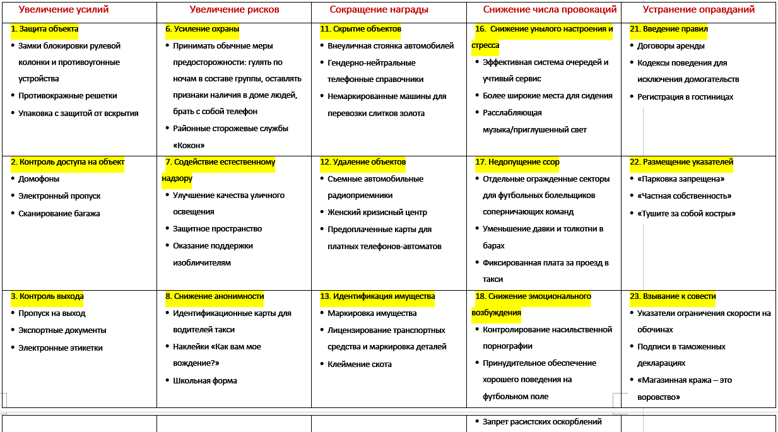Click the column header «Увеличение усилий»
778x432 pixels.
click(64, 9)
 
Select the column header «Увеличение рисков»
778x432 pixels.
click(234, 9)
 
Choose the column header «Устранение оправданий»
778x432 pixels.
click(698, 9)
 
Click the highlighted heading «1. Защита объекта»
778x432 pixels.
click(45, 29)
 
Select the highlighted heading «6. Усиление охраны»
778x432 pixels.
click(202, 29)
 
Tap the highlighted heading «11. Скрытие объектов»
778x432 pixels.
click(360, 29)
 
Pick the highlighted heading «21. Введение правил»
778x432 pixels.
click(669, 29)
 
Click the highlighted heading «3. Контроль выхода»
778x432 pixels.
click(47, 296)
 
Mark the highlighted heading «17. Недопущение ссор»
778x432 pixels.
click(517, 162)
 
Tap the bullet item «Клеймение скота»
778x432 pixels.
click(360, 365)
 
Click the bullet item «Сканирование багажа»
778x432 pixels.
click(59, 214)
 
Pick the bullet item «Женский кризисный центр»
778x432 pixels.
click(377, 213)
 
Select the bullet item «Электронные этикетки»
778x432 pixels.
click(61, 348)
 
